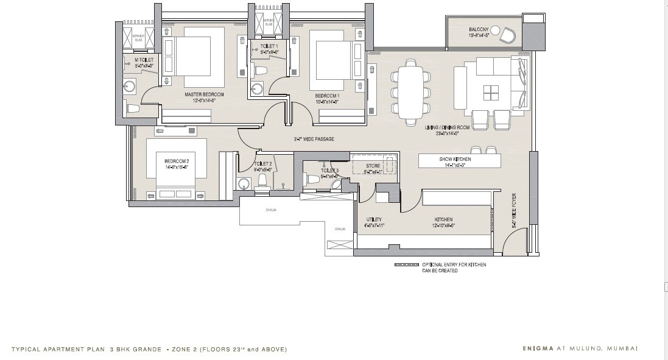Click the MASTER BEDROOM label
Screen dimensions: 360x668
tap(205, 95)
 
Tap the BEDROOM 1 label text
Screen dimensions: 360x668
tap(327, 96)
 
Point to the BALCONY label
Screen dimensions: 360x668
tap(479, 29)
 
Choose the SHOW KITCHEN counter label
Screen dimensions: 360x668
tap(455, 159)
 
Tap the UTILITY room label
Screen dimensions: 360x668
tap(373, 220)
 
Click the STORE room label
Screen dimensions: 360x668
tap(373, 166)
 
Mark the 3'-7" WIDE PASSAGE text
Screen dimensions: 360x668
tap(314, 139)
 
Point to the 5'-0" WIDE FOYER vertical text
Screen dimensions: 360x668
tap(514, 211)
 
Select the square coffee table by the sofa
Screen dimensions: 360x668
tap(491, 92)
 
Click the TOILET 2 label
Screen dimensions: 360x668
tap(262, 164)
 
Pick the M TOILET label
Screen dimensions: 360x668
tap(144, 60)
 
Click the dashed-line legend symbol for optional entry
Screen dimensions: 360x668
tap(406, 266)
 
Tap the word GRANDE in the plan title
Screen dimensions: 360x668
tap(146, 350)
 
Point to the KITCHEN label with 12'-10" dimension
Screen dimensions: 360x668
tap(443, 220)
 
